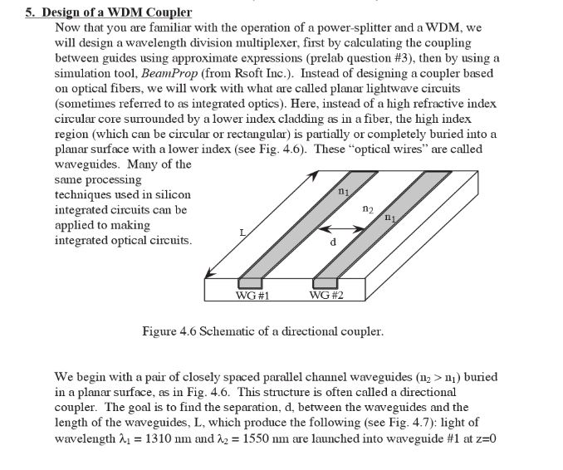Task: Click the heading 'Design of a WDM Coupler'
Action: [x=115, y=12]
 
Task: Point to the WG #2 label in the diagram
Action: [x=326, y=295]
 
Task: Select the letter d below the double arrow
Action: [x=333, y=242]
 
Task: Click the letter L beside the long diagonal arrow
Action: [x=242, y=234]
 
